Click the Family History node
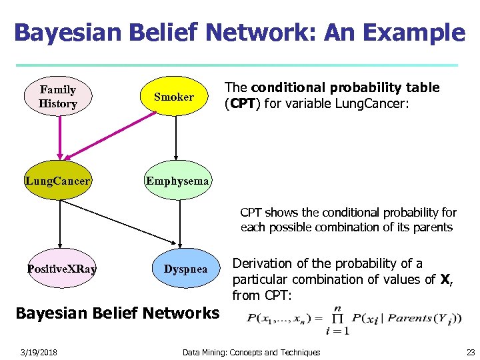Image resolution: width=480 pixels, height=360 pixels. tap(58, 97)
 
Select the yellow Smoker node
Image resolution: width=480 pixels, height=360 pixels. tap(174, 97)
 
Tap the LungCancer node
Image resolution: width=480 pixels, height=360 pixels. tap(58, 181)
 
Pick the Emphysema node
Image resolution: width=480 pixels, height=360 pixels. tap(177, 181)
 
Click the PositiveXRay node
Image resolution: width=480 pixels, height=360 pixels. tap(61, 269)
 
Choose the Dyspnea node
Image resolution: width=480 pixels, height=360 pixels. tap(185, 269)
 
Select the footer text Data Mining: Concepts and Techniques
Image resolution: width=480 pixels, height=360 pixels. tap(251, 352)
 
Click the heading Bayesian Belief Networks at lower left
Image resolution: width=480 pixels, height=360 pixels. tap(117, 313)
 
